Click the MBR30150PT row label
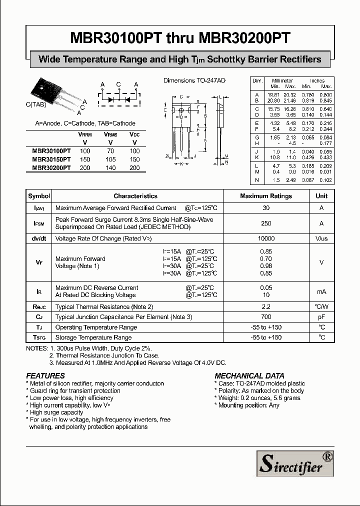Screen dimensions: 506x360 pos(51,159)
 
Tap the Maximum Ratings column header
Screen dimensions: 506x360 pos(266,196)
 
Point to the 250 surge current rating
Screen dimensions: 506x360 pos(266,223)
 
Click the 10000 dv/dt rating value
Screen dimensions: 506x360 pos(266,239)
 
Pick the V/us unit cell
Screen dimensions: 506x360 pos(321,239)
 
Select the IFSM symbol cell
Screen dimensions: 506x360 pos(39,223)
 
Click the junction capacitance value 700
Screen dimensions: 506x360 pos(266,317)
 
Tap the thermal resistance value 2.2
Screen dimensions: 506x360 pos(266,306)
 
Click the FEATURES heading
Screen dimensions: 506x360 pos(45,375)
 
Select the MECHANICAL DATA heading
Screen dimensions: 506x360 pos(249,375)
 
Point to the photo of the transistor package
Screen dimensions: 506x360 pos(50,94)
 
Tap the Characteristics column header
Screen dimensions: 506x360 pos(135,196)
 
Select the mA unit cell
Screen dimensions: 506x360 pos(321,291)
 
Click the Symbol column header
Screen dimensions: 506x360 pos(39,196)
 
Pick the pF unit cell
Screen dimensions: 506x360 pos(321,317)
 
